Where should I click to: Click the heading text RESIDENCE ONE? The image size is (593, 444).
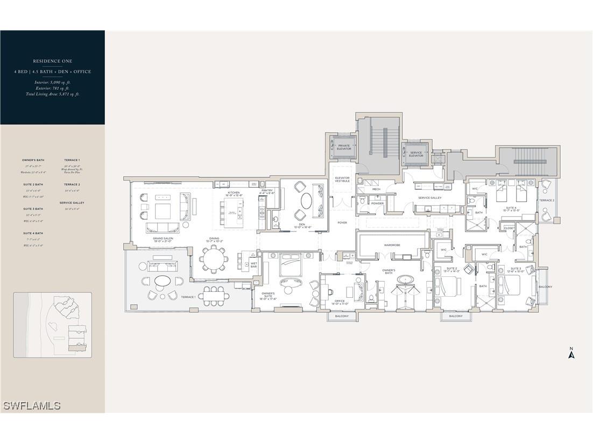tap(52, 61)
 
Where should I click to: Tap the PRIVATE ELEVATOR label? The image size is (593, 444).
tap(344, 147)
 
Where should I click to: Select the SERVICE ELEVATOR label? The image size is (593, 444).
tap(416, 154)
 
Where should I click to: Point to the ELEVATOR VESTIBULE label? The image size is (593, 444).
tap(342, 179)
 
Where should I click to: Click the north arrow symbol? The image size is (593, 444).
tap(572, 353)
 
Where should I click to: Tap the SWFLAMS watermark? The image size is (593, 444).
tap(31, 406)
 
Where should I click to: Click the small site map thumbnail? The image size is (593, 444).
tap(52, 325)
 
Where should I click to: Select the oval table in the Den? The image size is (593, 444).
tap(305, 200)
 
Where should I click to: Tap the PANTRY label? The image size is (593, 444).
tap(267, 190)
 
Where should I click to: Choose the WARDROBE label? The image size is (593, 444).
tap(392, 245)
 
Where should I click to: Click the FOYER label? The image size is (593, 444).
tap(342, 222)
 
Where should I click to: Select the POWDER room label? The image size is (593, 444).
tap(377, 203)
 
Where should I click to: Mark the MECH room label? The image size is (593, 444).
tap(376, 189)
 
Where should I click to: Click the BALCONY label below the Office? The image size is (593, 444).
tap(342, 316)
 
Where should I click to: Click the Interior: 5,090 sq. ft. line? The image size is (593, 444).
tap(52, 82)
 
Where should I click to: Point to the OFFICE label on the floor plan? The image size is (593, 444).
tap(339, 301)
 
